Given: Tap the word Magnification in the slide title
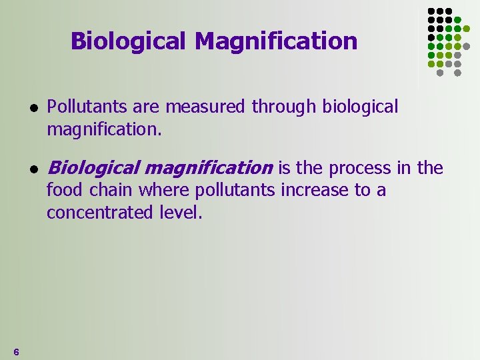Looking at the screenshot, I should coord(276,41).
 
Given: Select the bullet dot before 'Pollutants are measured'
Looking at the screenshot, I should coord(33,107).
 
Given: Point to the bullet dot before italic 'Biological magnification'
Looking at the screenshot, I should coord(33,169).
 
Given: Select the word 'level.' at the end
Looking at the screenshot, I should coord(181,213).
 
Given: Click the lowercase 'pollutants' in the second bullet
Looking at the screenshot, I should coord(233,191).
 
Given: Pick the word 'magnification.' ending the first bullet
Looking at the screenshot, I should coord(104,129).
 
